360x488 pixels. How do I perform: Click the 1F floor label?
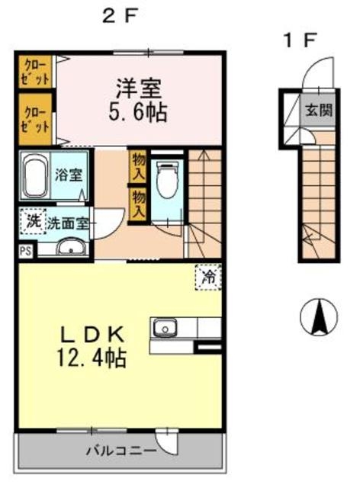pos(300,40)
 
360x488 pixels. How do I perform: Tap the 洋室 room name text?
pos(139,88)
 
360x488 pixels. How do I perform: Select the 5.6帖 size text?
pos(138,112)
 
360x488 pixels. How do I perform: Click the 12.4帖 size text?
pos(92,358)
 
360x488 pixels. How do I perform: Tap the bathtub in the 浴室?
pos(35,175)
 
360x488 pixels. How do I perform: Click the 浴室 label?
pos(69,175)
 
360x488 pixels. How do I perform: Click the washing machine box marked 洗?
pos(33,221)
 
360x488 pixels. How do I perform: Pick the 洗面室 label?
pos(68,223)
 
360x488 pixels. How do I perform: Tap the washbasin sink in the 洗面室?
pos(71,248)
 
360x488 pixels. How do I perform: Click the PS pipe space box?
pos(26,251)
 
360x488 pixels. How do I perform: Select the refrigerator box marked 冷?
pos(208,278)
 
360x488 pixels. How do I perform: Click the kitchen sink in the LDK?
pos(164,327)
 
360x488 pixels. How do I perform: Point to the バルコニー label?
pos(121,451)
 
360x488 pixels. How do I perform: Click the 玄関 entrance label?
pos(319,110)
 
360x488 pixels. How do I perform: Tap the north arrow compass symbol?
pos(319,317)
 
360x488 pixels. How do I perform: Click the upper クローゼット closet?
pos(35,71)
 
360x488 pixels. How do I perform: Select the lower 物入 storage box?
pos(138,205)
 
